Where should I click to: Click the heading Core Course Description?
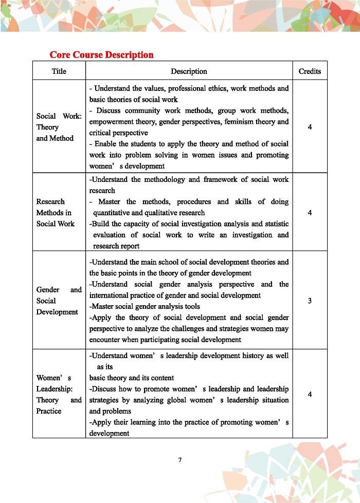pyautogui.click(x=101, y=54)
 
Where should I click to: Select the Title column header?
pyautogui.click(x=59, y=71)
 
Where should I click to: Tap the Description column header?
pyautogui.click(x=189, y=71)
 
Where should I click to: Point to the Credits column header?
pyautogui.click(x=310, y=71)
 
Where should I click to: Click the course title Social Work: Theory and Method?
pyautogui.click(x=59, y=127)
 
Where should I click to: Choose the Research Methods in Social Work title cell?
pyautogui.click(x=55, y=213)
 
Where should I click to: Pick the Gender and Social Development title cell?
pyautogui.click(x=59, y=301)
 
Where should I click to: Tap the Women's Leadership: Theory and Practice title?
pyautogui.click(x=59, y=395)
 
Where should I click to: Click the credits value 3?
pyautogui.click(x=310, y=301)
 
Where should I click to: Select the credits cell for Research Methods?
pyautogui.click(x=310, y=213)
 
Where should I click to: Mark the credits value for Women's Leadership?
pyautogui.click(x=310, y=395)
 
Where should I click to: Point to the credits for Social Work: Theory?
pyautogui.click(x=310, y=127)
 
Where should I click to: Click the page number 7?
pyautogui.click(x=180, y=459)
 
